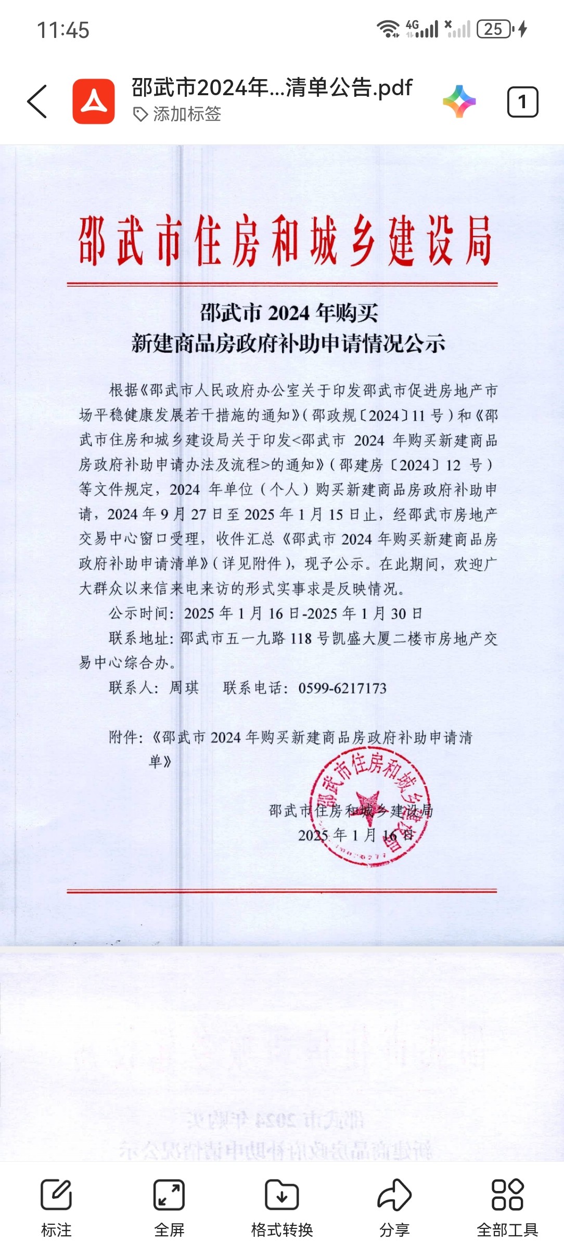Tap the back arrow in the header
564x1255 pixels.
click(37, 101)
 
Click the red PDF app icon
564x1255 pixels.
click(94, 101)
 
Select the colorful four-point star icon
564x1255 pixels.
click(459, 101)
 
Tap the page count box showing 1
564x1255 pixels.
click(522, 102)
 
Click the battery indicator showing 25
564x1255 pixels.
click(495, 29)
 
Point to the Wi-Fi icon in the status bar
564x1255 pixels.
click(388, 29)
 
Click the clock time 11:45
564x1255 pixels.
click(63, 30)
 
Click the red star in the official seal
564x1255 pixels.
click(368, 804)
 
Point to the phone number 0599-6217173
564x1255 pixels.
click(342, 688)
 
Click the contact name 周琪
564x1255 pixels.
click(184, 688)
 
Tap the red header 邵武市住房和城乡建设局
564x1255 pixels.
click(285, 241)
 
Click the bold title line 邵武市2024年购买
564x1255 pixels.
click(289, 313)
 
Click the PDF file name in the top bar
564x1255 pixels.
click(272, 87)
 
